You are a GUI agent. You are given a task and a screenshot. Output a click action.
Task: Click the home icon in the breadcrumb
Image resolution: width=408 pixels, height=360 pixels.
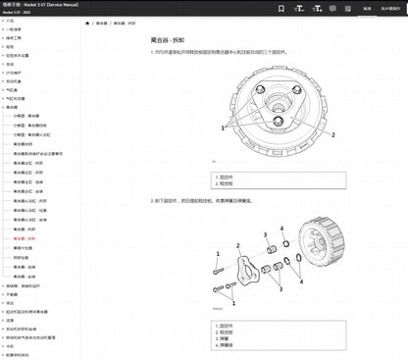(116, 22)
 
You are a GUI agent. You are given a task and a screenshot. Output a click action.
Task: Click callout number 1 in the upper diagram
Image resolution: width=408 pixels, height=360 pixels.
(225, 128)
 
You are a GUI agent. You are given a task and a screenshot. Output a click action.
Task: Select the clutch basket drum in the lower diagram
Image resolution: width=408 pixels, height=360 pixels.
(323, 251)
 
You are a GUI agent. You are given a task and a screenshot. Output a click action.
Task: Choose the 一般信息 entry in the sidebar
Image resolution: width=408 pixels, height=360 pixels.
(21, 28)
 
